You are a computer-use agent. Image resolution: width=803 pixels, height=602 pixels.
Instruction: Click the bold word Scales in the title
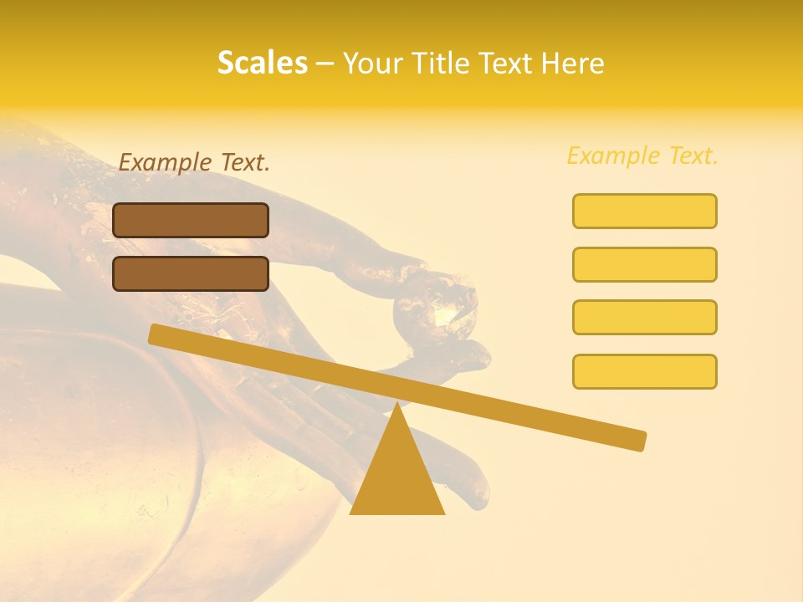pyautogui.click(x=262, y=64)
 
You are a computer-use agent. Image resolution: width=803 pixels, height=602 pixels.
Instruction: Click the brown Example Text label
pyautogui.click(x=194, y=162)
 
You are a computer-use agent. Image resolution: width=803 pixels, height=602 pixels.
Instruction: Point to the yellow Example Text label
pyautogui.click(x=642, y=156)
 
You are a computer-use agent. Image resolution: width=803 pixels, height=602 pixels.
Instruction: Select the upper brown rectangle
pyautogui.click(x=191, y=220)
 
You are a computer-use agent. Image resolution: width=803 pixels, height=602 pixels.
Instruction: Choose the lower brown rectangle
pyautogui.click(x=191, y=273)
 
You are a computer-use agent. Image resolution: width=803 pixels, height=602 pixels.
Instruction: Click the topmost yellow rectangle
pyautogui.click(x=644, y=211)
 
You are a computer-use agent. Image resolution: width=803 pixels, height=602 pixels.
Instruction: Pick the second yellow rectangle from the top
pyautogui.click(x=644, y=264)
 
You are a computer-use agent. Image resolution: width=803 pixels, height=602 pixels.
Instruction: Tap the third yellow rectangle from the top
pyautogui.click(x=644, y=317)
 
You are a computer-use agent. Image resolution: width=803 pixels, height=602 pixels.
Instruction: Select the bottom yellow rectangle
pyautogui.click(x=644, y=371)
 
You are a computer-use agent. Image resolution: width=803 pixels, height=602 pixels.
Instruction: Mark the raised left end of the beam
pyautogui.click(x=156, y=334)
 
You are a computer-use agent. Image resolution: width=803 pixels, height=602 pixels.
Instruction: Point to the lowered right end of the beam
pyautogui.click(x=639, y=441)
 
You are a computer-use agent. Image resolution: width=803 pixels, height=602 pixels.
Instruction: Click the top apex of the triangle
pyautogui.click(x=397, y=405)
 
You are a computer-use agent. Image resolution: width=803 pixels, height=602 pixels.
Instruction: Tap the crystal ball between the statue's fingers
pyautogui.click(x=439, y=310)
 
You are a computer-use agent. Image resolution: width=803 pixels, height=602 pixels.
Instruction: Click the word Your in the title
pyautogui.click(x=369, y=64)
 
